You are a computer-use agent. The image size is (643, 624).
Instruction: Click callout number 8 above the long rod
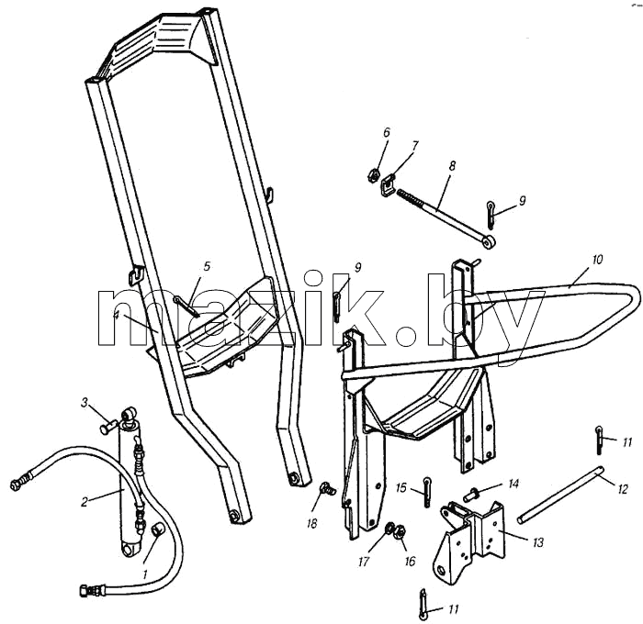pos(452,166)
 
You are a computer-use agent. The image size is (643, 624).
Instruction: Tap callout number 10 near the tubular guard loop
pos(597,260)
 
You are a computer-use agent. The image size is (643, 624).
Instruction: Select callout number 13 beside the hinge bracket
pos(538,542)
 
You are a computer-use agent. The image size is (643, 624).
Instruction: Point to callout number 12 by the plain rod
pos(622,489)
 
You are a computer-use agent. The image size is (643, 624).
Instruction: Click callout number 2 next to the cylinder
pos(85,502)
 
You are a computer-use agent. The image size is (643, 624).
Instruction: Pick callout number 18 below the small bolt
pos(311,524)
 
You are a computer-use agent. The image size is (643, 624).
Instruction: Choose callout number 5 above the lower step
pos(207,266)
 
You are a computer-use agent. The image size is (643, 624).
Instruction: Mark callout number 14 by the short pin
pos(513,484)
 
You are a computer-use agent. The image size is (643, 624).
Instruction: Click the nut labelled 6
pos(372,176)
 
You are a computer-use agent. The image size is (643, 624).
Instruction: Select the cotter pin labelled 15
pos(427,492)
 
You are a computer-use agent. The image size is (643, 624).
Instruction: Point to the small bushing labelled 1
pos(158,529)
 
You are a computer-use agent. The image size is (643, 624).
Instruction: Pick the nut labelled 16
pos(400,532)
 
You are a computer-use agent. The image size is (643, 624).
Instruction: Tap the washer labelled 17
pos(389,529)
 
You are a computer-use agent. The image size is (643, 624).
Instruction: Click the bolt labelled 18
pos(327,487)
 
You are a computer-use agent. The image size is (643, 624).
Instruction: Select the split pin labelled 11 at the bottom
pos(423,601)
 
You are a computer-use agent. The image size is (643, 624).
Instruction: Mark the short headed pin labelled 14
pos(471,495)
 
